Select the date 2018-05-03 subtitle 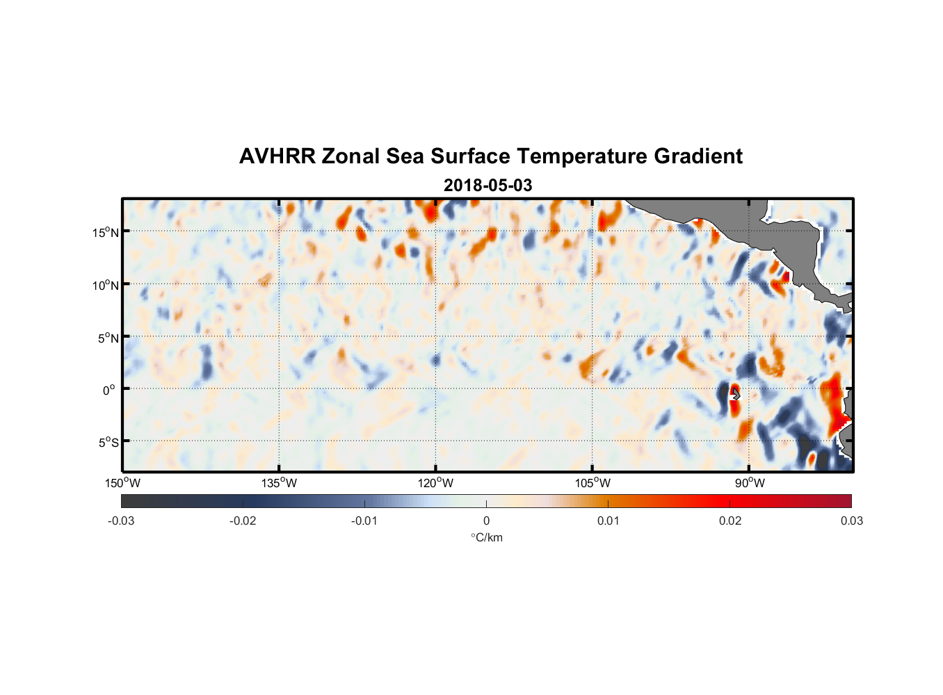(x=487, y=186)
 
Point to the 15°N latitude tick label (x=106, y=232)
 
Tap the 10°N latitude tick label (x=106, y=285)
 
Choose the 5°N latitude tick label (x=108, y=338)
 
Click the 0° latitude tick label (x=109, y=390)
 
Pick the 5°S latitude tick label (x=108, y=443)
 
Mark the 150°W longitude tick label (x=122, y=483)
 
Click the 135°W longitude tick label (x=279, y=483)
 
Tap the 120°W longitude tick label (x=435, y=483)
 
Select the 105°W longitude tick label (x=593, y=483)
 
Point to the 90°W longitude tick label (x=750, y=483)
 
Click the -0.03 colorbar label (x=121, y=521)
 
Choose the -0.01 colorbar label (x=364, y=521)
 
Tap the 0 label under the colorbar (x=486, y=521)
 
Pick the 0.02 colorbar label (x=730, y=521)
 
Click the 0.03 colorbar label (x=851, y=521)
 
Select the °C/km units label (x=486, y=537)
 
